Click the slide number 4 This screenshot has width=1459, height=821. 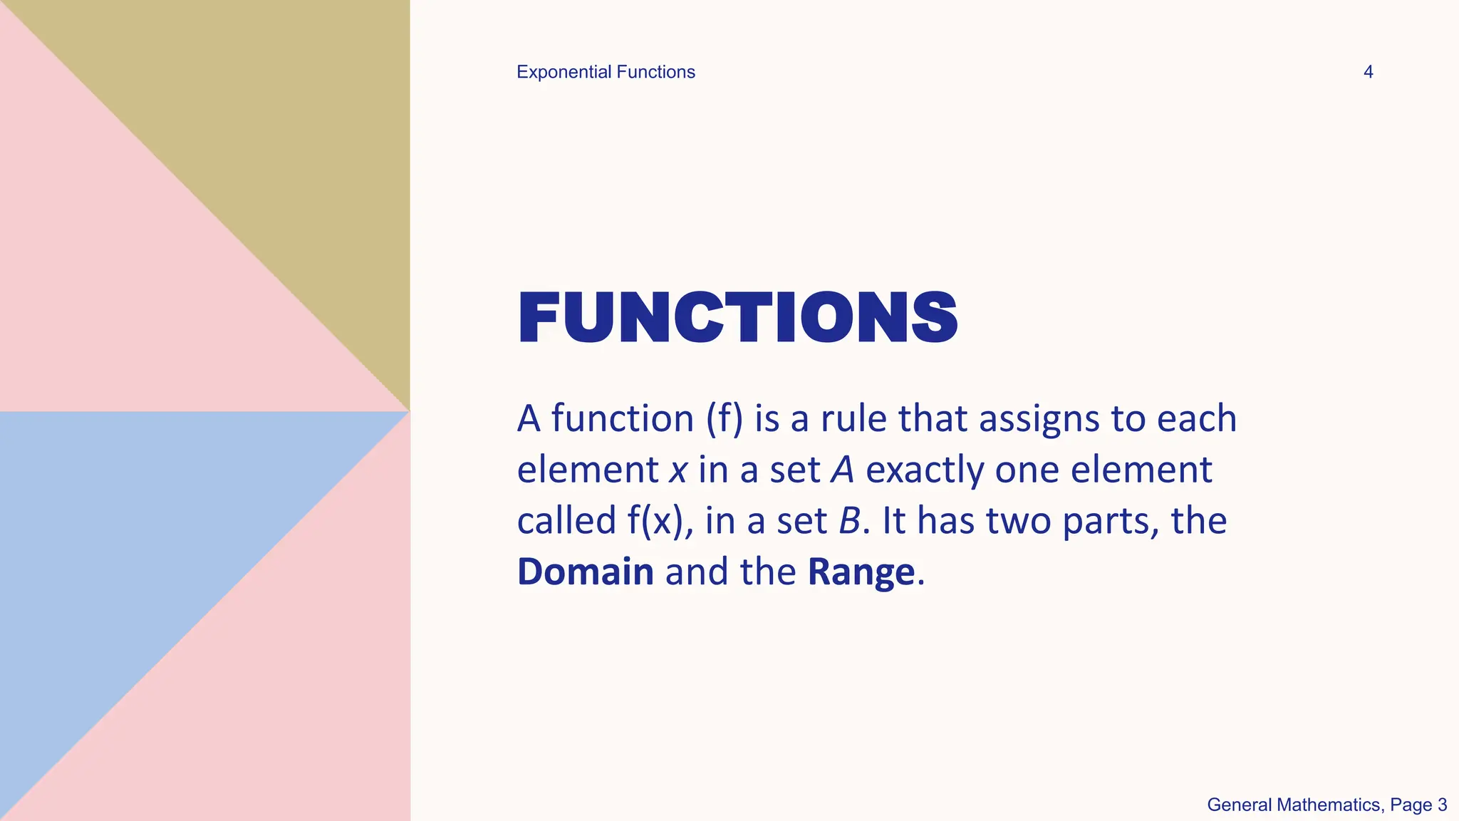(1368, 72)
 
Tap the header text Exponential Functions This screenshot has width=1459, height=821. (606, 72)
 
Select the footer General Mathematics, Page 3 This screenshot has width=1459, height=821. (1326, 805)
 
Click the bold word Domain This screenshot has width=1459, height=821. (585, 572)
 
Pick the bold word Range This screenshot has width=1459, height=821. (861, 572)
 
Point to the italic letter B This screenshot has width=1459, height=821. (850, 520)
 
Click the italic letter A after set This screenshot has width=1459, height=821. (843, 470)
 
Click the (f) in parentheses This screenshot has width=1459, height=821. (725, 418)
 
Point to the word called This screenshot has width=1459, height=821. (566, 520)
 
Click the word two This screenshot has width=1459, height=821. (1018, 521)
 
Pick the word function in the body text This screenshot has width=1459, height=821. (622, 418)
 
